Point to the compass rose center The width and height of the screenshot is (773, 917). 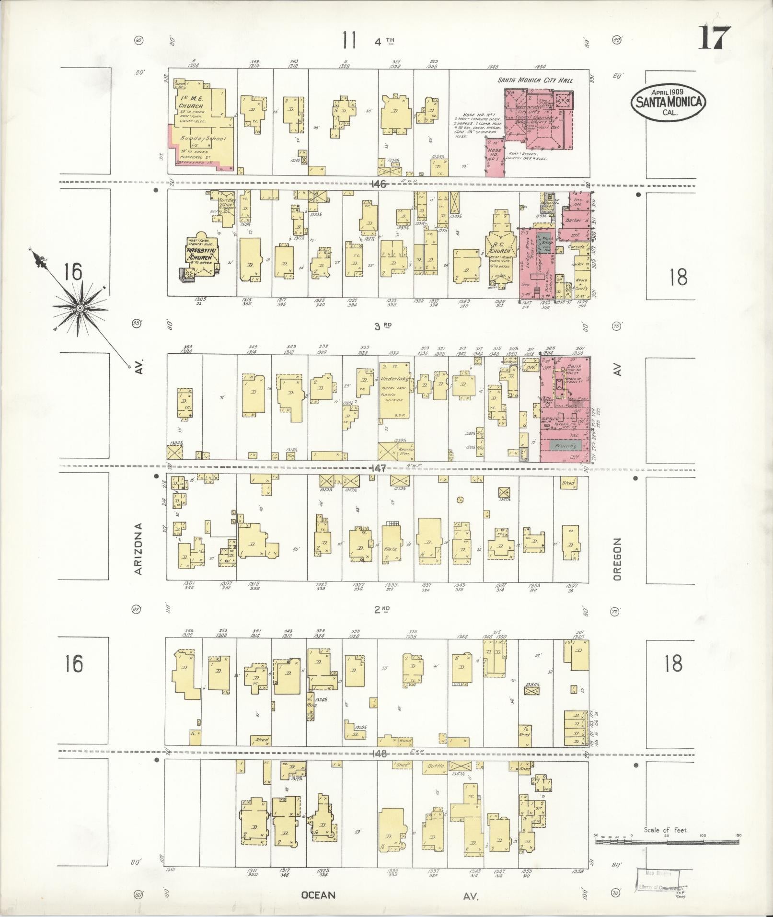(x=80, y=307)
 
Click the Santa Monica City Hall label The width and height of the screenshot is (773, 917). (x=534, y=81)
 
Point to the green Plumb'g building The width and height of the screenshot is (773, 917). (x=565, y=446)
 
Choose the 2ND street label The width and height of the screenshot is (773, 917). (x=382, y=609)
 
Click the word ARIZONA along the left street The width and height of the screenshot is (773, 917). (x=138, y=549)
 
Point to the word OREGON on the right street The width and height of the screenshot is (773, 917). (x=617, y=559)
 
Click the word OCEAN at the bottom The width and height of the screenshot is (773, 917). (x=318, y=895)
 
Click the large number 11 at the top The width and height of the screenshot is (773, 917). (x=349, y=40)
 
